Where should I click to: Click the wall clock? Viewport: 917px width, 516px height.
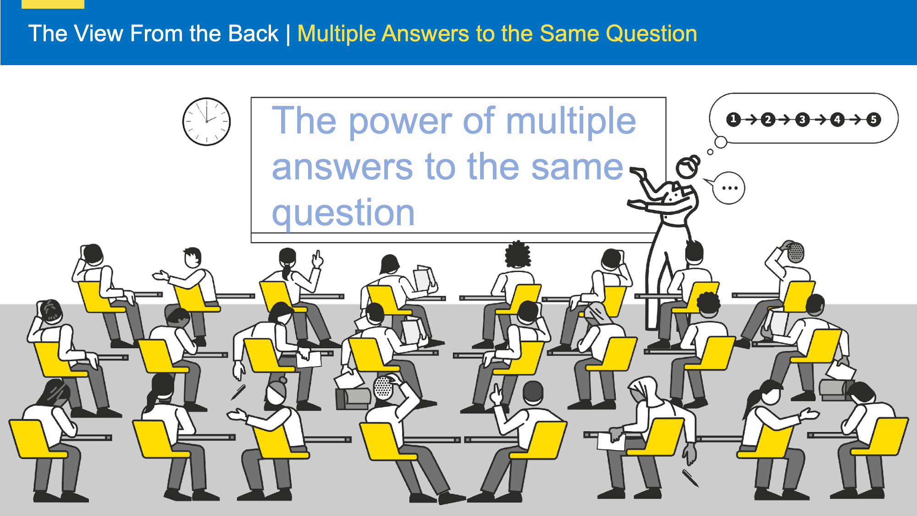[x=206, y=122]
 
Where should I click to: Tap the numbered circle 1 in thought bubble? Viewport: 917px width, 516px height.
[x=734, y=120]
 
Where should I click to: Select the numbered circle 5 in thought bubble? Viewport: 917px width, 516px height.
[x=873, y=120]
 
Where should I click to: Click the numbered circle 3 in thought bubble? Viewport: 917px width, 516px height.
[x=802, y=120]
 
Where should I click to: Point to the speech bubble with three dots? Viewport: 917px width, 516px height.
[x=729, y=188]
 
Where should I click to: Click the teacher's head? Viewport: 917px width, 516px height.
[x=687, y=167]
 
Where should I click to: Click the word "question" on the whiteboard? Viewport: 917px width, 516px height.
[x=343, y=212]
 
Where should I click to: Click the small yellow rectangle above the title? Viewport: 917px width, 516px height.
[x=53, y=4]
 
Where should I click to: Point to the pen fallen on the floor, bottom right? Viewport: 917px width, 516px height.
[x=690, y=478]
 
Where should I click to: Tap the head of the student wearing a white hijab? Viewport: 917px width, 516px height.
[x=642, y=390]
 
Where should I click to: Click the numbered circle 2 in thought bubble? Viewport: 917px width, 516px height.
[x=768, y=120]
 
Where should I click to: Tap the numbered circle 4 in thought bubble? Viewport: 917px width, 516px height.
[x=838, y=120]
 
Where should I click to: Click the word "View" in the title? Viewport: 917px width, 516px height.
[x=99, y=33]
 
